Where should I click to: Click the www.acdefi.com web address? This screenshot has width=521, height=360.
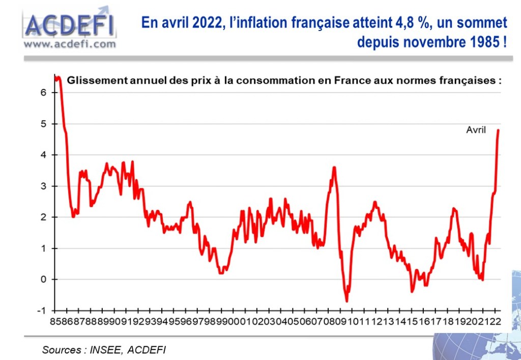pos(70,44)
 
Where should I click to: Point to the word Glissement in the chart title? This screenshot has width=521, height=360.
pos(96,80)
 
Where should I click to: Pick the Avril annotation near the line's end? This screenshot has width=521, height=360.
pos(476,130)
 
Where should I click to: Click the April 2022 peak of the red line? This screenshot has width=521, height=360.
pos(498,130)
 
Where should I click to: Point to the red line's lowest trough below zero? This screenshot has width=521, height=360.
pos(347,301)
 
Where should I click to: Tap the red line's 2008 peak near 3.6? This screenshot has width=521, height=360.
pos(334,167)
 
